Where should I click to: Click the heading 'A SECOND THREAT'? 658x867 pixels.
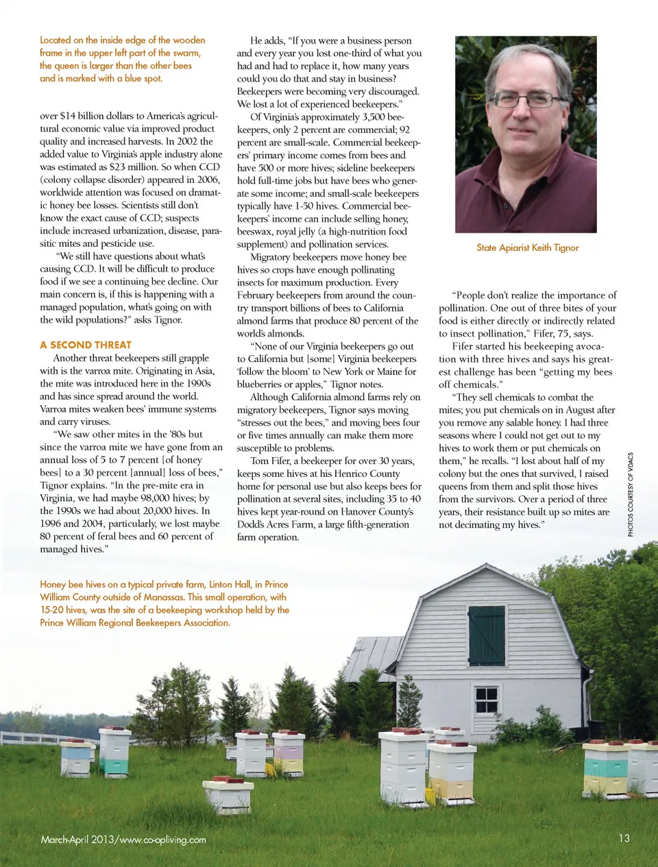point(86,345)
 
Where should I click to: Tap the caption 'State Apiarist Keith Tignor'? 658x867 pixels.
point(528,247)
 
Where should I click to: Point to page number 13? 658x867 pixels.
point(624,838)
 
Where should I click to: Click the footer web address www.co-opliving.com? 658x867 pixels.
point(162,840)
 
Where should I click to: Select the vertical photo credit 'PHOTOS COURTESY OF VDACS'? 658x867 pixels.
point(631,494)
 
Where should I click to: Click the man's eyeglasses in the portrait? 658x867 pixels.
point(525,99)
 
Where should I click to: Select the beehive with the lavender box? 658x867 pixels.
point(289,753)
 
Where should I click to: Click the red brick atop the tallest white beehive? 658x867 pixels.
point(403,731)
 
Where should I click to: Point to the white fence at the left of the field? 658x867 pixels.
point(34,739)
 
